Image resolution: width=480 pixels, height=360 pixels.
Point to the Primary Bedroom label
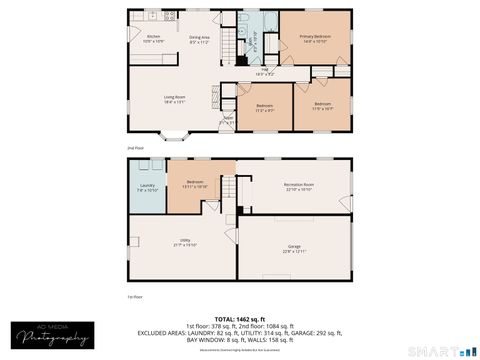tap(314, 39)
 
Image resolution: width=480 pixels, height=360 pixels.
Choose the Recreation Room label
tap(299, 186)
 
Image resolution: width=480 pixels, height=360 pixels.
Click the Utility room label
tap(184, 242)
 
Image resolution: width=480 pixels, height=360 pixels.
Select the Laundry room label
tap(147, 187)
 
